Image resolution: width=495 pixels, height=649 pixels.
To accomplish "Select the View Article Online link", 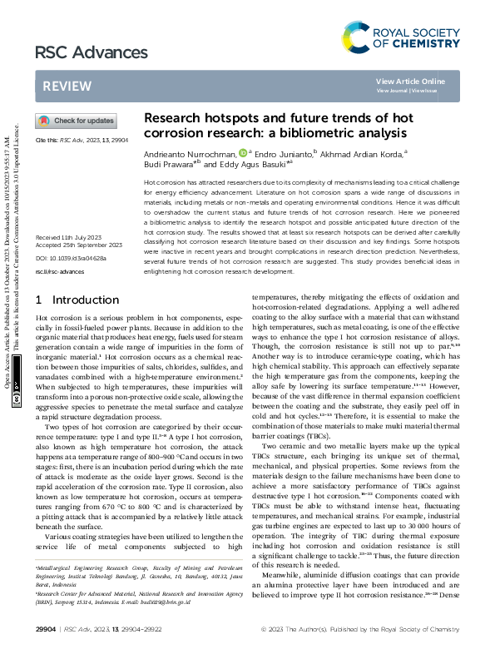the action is tap(410, 81).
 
